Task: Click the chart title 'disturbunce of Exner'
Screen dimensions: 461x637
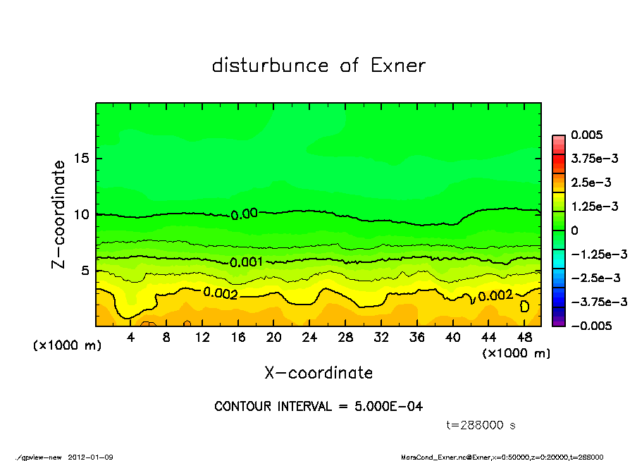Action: (318, 66)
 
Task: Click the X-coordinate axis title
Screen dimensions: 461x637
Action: (318, 372)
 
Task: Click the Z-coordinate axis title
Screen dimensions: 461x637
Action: (59, 214)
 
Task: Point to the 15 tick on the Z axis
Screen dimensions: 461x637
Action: (82, 159)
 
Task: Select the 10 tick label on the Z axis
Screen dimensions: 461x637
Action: (82, 214)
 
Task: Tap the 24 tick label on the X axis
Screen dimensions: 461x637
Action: (309, 338)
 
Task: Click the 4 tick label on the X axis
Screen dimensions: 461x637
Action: (131, 338)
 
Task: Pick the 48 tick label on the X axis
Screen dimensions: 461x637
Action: (524, 338)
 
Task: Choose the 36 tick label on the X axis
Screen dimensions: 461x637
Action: (416, 338)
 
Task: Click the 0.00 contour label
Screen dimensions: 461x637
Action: (245, 214)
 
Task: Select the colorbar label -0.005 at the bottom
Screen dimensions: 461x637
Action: (590, 326)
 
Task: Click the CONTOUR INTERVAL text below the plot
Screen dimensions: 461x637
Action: (318, 407)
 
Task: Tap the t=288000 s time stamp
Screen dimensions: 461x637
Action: (481, 426)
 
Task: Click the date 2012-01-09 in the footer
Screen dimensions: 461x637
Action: (91, 457)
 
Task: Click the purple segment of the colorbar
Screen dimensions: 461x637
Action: (558, 322)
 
